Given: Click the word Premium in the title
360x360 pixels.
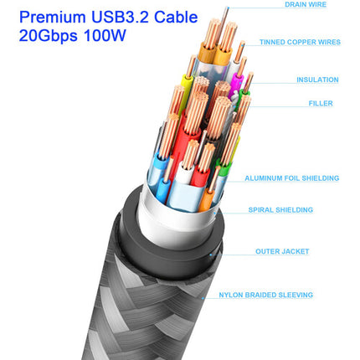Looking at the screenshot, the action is tap(52, 18).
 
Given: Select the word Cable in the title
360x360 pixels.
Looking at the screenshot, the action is tap(176, 18).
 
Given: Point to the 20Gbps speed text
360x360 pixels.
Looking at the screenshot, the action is tap(48, 36).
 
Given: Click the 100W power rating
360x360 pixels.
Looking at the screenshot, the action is tap(105, 36).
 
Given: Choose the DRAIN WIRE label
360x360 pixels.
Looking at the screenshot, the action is tap(306, 4).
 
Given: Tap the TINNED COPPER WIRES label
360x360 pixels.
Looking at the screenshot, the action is tap(300, 42).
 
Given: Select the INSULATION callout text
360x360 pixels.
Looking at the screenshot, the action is tap(317, 80).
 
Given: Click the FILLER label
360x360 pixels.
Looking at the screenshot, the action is tap(321, 104).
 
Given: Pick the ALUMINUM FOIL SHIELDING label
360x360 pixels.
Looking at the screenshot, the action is tap(292, 178).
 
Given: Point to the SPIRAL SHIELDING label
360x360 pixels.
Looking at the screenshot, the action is tap(280, 210).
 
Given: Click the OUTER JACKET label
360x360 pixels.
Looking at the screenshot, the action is tap(282, 251).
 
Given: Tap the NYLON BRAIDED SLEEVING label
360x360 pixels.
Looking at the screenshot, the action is tap(266, 295).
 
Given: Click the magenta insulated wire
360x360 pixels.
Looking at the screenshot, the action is tap(236, 84).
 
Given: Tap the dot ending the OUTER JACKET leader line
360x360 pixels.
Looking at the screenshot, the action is tap(211, 255).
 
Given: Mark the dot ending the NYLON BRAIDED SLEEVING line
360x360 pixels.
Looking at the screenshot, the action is tap(203, 298).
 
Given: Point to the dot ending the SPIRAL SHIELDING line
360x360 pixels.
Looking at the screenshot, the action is tap(215, 213).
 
